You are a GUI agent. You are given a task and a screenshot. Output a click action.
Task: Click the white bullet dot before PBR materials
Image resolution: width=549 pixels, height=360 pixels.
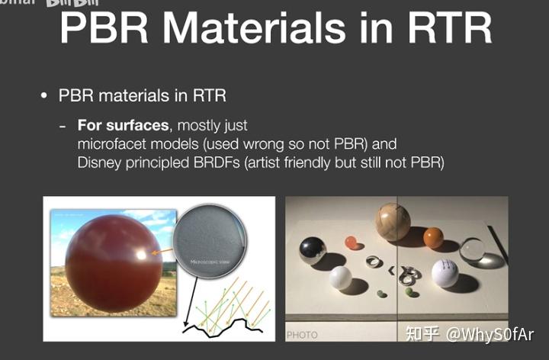pos(44,96)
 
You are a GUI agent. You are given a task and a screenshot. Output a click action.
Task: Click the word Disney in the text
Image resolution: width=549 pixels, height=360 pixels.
pos(98,162)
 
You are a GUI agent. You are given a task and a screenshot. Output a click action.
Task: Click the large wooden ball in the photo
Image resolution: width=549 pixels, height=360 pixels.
pos(392,222)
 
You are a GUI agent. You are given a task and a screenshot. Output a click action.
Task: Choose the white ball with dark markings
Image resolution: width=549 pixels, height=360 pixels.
pos(445,273)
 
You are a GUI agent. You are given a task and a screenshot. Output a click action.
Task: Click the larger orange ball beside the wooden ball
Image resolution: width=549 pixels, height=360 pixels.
pos(433,238)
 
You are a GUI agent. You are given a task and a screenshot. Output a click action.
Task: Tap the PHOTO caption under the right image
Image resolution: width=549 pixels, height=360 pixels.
pos(303,335)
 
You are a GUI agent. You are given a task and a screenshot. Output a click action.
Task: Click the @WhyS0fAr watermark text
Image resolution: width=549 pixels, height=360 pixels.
pos(490,334)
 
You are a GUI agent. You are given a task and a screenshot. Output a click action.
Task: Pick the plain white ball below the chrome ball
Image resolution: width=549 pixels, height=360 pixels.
pos(340,278)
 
